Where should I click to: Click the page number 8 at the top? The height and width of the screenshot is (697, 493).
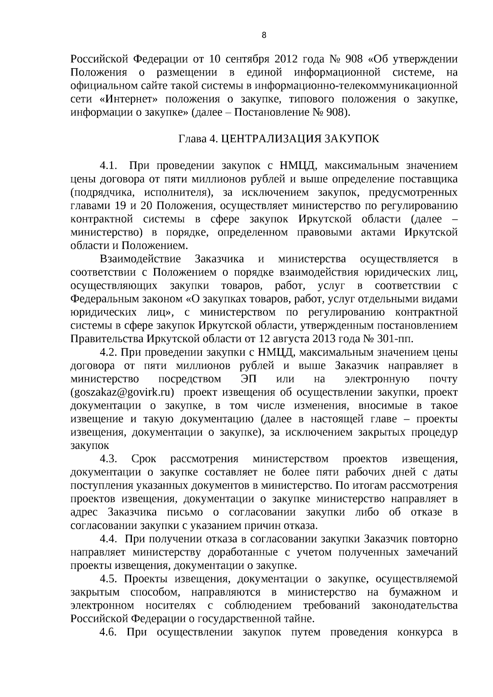[264, 35]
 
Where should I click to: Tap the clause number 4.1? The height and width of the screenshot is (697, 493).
[109, 166]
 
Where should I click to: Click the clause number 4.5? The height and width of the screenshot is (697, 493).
[109, 579]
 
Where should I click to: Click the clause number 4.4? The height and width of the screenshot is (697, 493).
[109, 539]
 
